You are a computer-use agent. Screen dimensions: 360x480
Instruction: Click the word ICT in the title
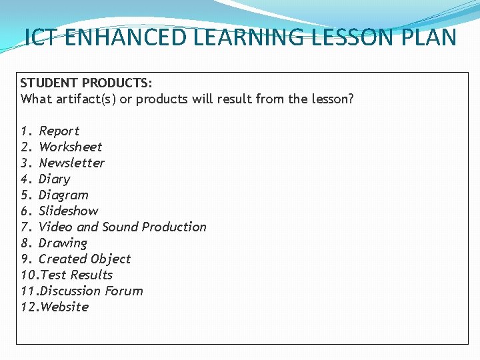tap(41, 37)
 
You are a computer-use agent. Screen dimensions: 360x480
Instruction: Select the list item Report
tap(59, 131)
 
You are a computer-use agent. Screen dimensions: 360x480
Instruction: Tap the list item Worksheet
tap(70, 147)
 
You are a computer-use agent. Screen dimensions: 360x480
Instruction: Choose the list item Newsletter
tap(71, 163)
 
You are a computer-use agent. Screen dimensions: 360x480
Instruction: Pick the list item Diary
tap(54, 179)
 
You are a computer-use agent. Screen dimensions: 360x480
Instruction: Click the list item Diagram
tap(63, 195)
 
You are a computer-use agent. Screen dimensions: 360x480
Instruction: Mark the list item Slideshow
tap(68, 211)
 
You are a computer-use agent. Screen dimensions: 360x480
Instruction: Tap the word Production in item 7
tap(175, 227)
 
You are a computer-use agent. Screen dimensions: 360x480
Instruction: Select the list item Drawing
tap(63, 243)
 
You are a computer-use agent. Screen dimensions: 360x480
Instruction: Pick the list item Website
tap(64, 307)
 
